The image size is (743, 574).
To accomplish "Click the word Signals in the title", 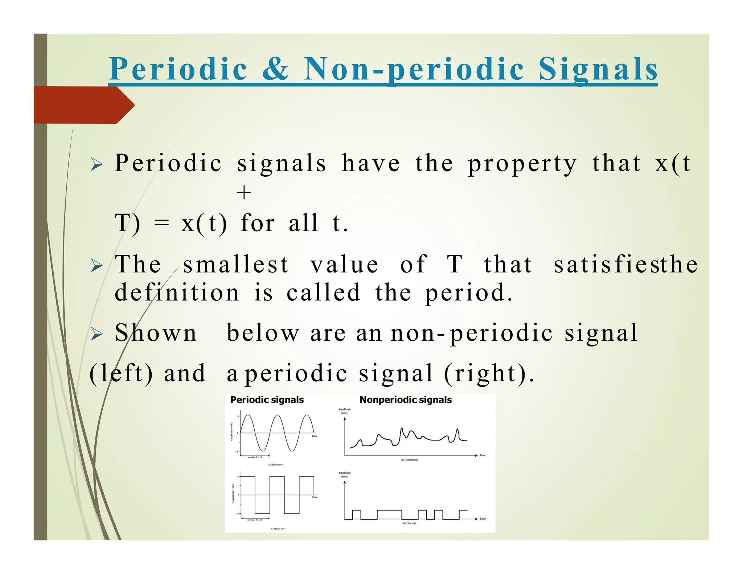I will [x=598, y=70].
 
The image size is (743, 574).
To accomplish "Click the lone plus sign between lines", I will [x=244, y=192].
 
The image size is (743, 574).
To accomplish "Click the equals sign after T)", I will [x=161, y=223].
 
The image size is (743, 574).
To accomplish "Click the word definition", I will [x=177, y=292].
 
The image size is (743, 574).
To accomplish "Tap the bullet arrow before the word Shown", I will [x=97, y=333].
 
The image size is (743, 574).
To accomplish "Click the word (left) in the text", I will [x=121, y=373].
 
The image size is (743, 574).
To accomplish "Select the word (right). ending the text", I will [x=489, y=373].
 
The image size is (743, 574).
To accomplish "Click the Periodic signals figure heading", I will [x=267, y=400].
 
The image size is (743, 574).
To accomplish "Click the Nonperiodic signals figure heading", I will [x=405, y=400].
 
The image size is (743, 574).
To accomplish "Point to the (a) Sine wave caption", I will [x=275, y=464].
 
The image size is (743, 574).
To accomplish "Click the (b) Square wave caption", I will [x=278, y=529].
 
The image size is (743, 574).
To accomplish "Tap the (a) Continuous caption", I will [x=409, y=460].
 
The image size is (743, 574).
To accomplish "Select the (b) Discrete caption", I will [x=409, y=523].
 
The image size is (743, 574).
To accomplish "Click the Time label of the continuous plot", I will [x=483, y=455].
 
